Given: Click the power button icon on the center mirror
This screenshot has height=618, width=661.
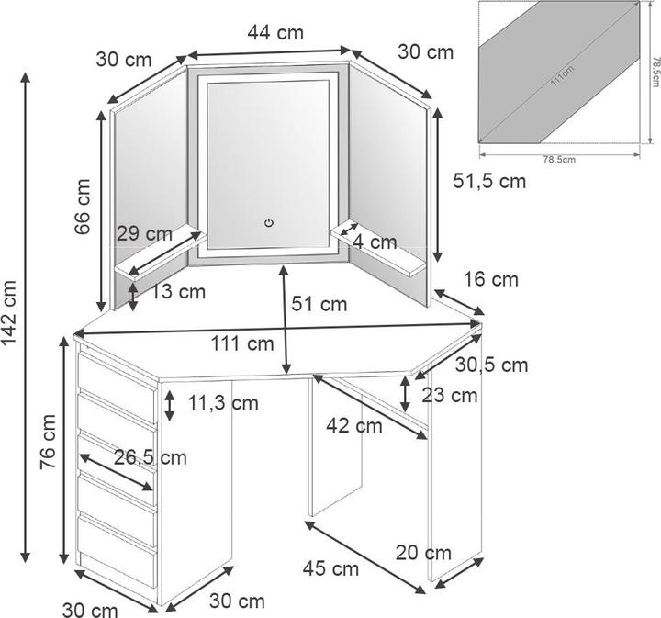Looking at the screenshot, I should click(268, 222).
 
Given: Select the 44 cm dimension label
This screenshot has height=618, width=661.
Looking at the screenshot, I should click(275, 33).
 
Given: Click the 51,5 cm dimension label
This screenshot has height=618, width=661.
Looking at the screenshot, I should click(489, 181).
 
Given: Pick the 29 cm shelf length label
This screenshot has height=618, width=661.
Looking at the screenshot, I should click(145, 233).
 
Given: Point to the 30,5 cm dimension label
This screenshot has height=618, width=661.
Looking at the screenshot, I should click(491, 365).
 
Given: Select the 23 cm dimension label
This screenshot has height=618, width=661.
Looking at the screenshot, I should click(449, 396).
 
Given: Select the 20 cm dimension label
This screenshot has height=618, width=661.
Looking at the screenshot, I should click(423, 552).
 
